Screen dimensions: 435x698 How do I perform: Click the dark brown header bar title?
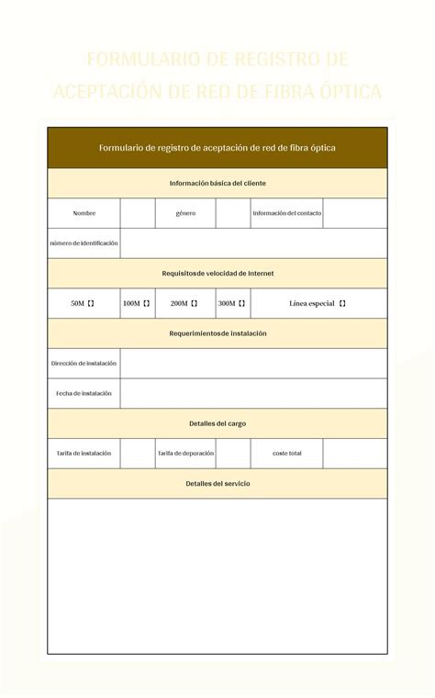[217, 148]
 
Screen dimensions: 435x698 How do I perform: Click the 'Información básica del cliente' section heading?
[217, 184]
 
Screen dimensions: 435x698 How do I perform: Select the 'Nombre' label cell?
[84, 213]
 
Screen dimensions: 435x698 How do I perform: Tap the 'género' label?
[186, 213]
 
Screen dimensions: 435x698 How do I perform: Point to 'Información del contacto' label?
[287, 213]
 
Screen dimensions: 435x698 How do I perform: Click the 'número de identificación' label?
[84, 243]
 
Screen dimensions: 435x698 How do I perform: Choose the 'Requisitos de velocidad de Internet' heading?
[217, 273]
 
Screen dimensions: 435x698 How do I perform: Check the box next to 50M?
[91, 303]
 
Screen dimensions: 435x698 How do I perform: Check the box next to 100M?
[146, 303]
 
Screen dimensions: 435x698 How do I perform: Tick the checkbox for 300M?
[243, 303]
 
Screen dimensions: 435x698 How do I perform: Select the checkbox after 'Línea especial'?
[342, 303]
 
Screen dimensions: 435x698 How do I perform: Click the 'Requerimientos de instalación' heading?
[217, 333]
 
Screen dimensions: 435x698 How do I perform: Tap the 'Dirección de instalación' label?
[84, 364]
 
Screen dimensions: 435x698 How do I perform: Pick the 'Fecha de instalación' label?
[84, 393]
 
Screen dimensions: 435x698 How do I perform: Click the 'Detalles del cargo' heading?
[217, 423]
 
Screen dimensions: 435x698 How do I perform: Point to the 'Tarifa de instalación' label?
[84, 453]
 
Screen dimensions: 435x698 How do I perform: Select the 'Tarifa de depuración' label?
[186, 453]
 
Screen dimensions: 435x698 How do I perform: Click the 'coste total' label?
[287, 453]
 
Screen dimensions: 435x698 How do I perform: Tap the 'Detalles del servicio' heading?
[217, 483]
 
